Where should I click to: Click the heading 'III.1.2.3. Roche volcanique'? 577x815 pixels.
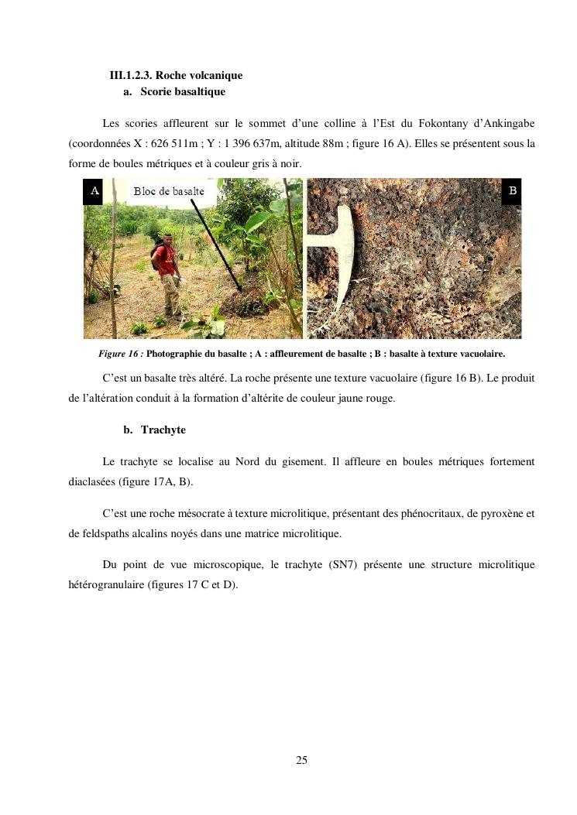[176, 75]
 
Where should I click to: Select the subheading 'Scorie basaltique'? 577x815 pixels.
[183, 92]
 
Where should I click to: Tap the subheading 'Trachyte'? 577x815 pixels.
[163, 430]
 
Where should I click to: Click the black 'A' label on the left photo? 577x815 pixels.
[94, 190]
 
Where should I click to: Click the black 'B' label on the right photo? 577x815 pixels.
[512, 190]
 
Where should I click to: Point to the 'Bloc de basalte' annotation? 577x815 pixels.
[169, 191]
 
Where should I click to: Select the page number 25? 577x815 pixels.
[301, 760]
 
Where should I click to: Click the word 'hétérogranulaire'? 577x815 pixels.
[105, 585]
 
